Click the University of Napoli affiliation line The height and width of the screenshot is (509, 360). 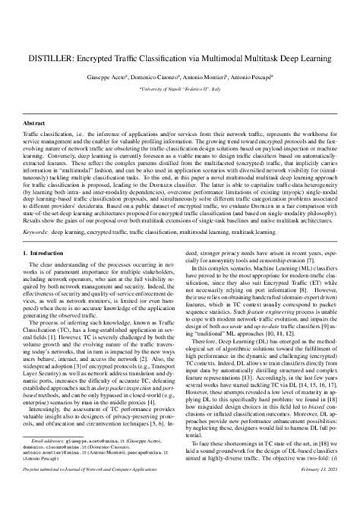pyautogui.click(x=180, y=88)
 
